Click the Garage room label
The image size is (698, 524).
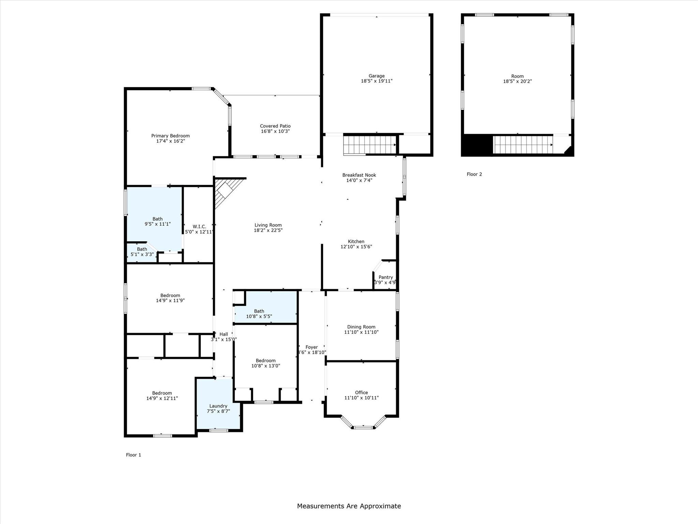point(376,76)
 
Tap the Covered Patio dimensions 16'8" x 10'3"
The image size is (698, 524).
point(275,131)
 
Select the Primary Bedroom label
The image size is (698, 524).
point(170,136)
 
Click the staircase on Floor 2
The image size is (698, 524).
point(522,145)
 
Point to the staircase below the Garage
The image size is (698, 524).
point(369,145)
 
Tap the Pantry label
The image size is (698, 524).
point(385,277)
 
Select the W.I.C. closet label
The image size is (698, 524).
point(199,227)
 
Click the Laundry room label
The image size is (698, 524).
point(218,406)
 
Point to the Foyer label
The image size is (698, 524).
point(312,347)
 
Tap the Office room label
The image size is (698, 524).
point(361,393)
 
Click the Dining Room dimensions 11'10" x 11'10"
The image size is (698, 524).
point(361,332)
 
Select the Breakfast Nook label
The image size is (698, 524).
point(359,175)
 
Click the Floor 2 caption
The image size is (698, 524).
point(474,174)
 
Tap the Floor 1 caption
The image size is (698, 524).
point(133,455)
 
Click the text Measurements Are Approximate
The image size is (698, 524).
point(349,506)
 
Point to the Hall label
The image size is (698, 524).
point(224,334)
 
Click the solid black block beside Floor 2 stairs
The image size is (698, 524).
point(477,145)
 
